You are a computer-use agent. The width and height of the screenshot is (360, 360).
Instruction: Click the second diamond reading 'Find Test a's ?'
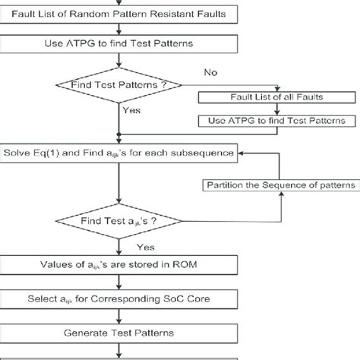tap(118, 220)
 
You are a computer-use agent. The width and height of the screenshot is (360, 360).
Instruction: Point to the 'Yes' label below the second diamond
tap(146, 247)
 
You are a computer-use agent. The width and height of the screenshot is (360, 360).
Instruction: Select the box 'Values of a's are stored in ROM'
tap(118, 265)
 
